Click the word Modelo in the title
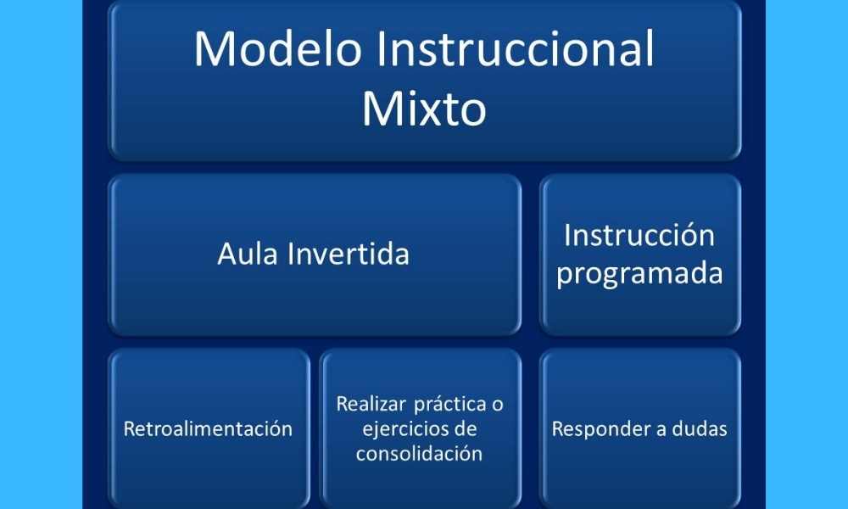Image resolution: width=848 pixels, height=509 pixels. coord(277,48)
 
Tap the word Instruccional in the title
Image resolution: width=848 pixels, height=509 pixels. coord(516,48)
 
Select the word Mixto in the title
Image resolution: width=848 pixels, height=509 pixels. coord(424,109)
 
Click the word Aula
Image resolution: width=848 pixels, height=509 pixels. coord(248,253)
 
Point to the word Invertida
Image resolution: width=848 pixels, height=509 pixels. coord(349,253)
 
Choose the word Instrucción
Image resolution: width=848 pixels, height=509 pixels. coord(639,235)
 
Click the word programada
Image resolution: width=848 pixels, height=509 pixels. coord(639,273)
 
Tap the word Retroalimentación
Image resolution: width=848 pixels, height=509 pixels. coord(209,429)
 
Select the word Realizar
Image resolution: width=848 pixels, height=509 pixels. coord(371,404)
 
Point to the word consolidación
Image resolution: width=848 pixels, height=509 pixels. coord(419,453)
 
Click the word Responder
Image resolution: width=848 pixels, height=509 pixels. coord(601,429)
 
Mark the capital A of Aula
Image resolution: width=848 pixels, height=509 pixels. coord(226,254)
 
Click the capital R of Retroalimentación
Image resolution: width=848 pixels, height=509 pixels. coord(130,429)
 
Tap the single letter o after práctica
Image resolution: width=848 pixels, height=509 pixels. coord(498,406)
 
